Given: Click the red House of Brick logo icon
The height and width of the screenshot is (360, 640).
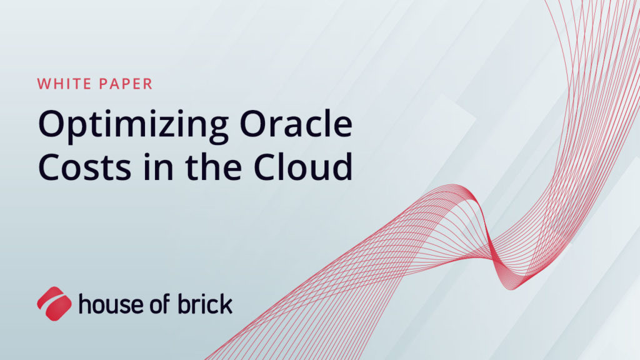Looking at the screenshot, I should [54, 304].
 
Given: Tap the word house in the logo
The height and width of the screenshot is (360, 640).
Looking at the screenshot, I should [109, 305].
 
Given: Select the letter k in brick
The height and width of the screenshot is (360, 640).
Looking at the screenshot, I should [226, 304].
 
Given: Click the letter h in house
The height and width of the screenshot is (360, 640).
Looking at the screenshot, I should [84, 304].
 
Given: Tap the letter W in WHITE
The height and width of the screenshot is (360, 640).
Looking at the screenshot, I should [44, 84].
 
